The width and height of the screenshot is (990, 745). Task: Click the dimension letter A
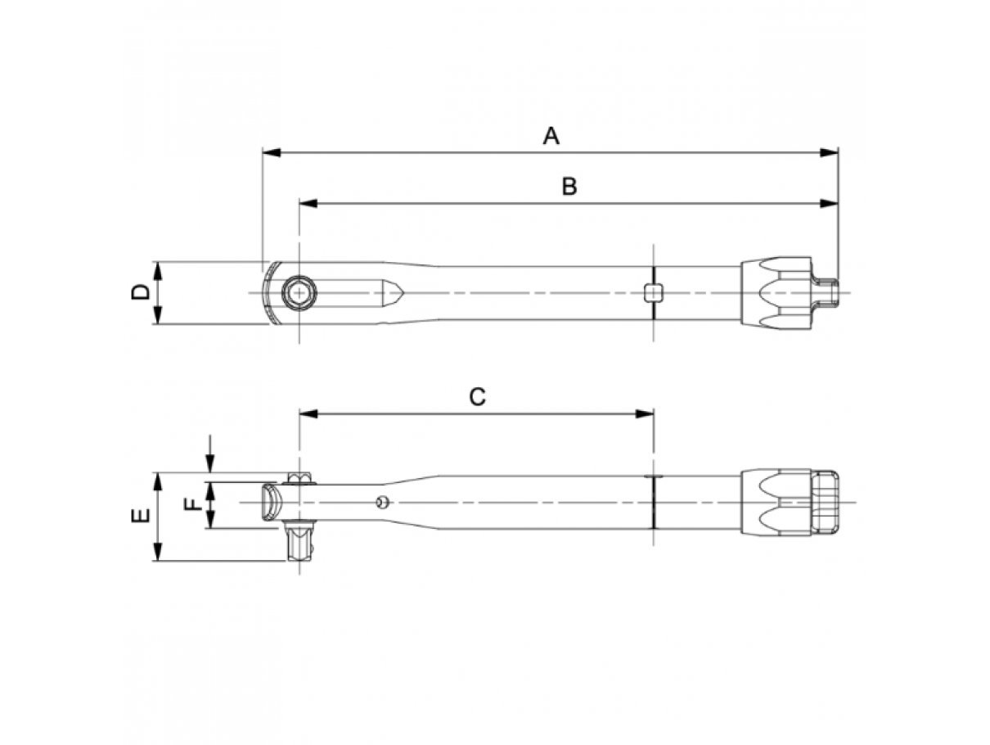(551, 135)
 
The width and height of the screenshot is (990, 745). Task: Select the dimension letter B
(569, 186)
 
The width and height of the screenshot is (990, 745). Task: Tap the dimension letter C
(477, 396)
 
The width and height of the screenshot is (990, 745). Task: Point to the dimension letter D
(140, 292)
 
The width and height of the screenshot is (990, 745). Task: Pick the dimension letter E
(140, 515)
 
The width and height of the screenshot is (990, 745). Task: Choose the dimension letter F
(194, 504)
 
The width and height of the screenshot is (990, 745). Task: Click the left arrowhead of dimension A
(271, 152)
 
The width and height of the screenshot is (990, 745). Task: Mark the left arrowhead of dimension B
(308, 203)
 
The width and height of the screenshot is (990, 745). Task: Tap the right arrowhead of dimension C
(645, 413)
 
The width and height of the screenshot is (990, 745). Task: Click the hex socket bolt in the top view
(299, 293)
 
